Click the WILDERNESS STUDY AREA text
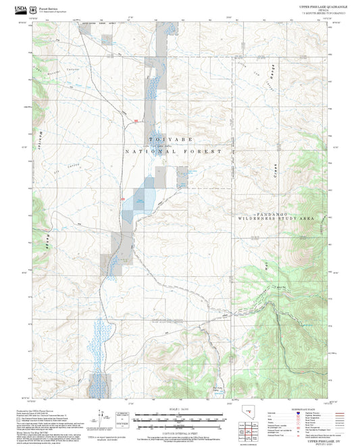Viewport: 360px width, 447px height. [276, 219]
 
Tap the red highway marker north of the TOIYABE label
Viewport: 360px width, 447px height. [136, 122]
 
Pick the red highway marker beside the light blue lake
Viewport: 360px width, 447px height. [122, 198]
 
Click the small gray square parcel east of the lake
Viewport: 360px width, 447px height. [182, 177]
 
